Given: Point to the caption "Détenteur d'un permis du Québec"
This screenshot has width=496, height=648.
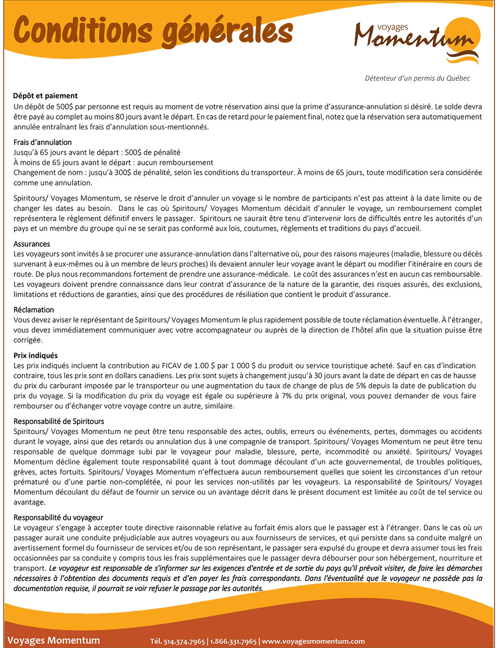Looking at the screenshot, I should [417, 78].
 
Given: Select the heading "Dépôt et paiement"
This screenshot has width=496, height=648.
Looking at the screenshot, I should [45, 96].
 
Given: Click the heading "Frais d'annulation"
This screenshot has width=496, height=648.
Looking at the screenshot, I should [43, 142].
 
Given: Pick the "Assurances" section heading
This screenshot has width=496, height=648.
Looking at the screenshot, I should [32, 244].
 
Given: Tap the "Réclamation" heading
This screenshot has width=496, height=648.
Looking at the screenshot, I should [34, 310].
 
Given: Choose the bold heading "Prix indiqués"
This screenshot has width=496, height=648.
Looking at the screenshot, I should [36, 356].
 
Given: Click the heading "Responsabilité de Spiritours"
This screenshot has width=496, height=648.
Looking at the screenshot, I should [59, 422].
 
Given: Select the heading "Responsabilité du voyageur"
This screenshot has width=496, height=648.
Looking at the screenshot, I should [58, 518].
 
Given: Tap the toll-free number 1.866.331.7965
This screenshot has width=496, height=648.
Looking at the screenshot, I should [233, 641].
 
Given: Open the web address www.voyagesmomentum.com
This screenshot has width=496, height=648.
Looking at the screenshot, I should [313, 641].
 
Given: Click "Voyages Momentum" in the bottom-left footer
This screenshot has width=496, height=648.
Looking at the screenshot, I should [54, 641].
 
